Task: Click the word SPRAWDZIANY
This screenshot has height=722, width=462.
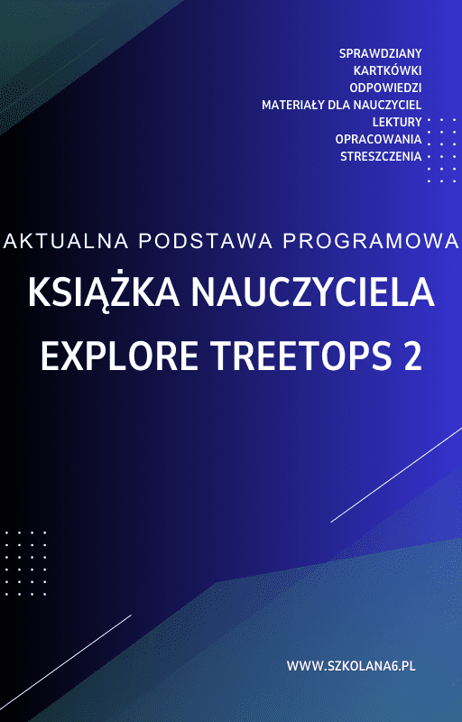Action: click(x=380, y=53)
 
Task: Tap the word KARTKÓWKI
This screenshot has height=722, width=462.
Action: click(x=388, y=70)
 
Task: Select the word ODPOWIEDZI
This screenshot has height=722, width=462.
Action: click(x=385, y=88)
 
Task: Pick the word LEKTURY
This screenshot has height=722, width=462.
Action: click(x=397, y=122)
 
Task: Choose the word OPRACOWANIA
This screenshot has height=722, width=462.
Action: click(x=378, y=139)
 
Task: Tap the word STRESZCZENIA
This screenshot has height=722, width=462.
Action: click(x=381, y=156)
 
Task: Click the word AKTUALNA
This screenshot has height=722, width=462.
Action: click(x=64, y=241)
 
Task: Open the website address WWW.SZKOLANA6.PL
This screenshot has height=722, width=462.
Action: click(x=350, y=666)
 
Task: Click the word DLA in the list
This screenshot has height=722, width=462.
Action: click(x=344, y=105)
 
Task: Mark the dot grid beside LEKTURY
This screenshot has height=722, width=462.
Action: click(x=441, y=150)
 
